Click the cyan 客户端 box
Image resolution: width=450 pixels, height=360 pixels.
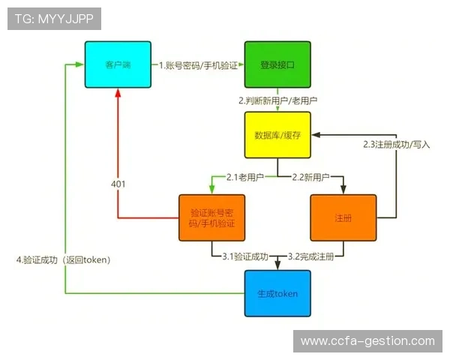(117, 65)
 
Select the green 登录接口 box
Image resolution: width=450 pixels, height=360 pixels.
(277, 65)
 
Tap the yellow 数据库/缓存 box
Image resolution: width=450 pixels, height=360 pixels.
(277, 135)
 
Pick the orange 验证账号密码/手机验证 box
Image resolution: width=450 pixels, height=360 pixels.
(212, 218)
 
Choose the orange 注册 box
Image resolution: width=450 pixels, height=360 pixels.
(343, 218)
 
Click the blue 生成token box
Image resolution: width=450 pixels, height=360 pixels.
(277, 293)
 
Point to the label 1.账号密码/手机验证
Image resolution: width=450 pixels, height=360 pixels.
(198, 66)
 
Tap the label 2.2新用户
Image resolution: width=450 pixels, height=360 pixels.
(310, 177)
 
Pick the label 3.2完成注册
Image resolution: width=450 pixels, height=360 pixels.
(310, 256)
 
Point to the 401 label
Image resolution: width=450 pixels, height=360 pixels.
(118, 184)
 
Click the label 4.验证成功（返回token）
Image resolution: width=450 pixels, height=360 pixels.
(64, 260)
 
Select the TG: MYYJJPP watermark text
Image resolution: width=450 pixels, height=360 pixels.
(55, 19)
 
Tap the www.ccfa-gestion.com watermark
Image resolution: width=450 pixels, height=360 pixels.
(367, 341)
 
